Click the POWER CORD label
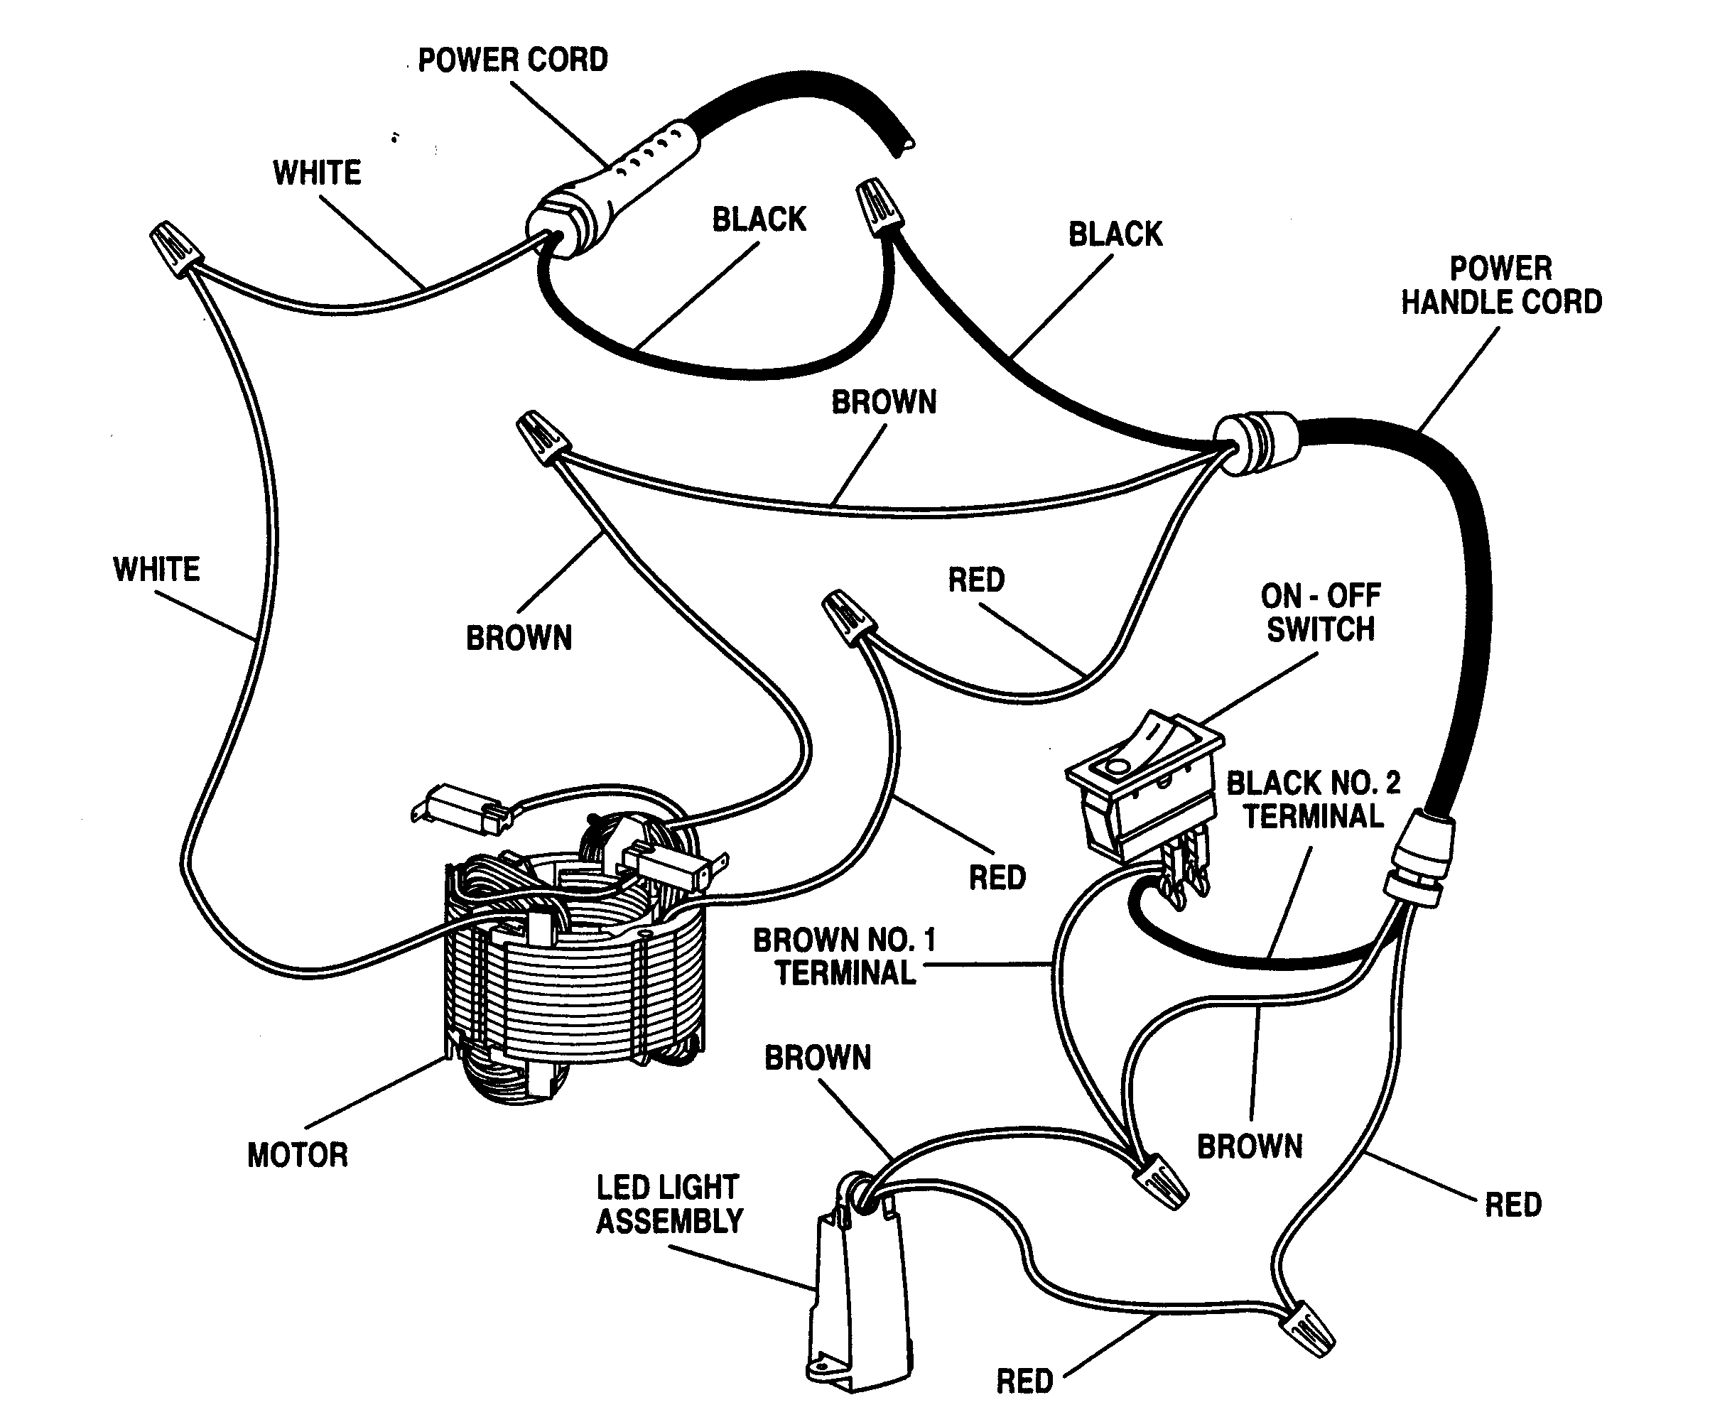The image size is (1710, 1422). [x=512, y=60]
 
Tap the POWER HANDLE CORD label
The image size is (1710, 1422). [x=1500, y=286]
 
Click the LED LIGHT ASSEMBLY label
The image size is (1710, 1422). [x=669, y=1205]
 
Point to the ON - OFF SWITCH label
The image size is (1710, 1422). [x=1320, y=613]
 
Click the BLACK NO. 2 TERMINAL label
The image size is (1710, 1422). [x=1313, y=799]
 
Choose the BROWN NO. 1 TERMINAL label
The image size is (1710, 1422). [x=845, y=957]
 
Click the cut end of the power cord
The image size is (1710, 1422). [x=904, y=146]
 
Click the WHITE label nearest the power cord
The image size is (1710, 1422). [x=317, y=173]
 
